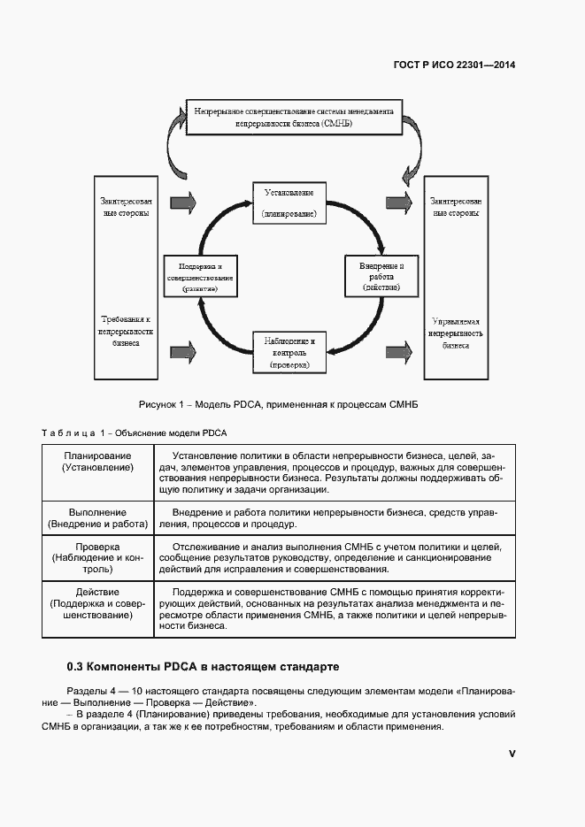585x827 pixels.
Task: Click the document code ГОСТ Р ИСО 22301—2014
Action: [454, 65]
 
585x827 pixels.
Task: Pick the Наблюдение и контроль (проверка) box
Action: [289, 352]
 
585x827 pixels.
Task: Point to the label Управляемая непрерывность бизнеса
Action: [456, 334]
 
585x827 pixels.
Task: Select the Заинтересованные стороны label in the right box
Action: [456, 207]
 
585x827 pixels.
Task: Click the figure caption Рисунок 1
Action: [277, 404]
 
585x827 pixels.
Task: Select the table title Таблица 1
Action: [135, 433]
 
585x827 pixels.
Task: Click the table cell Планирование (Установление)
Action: [97, 461]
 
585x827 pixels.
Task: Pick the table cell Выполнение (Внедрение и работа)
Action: [97, 518]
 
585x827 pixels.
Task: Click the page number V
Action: [512, 753]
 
